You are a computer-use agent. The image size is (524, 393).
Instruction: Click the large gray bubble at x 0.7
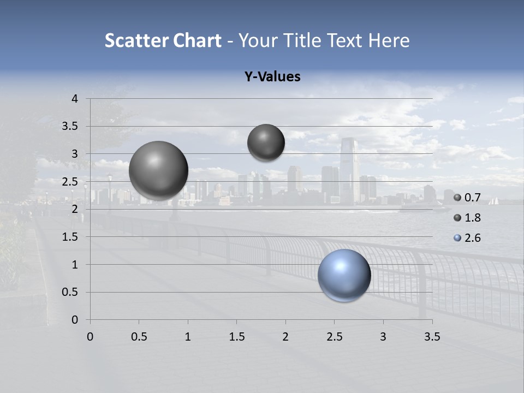pyautogui.click(x=159, y=170)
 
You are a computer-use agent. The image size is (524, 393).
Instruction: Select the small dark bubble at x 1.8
pyautogui.click(x=266, y=142)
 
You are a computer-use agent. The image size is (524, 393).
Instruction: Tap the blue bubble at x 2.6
pyautogui.click(x=344, y=276)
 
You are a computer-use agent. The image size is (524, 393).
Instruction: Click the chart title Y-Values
pyautogui.click(x=272, y=77)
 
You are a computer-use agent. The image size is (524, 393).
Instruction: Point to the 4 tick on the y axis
pyautogui.click(x=75, y=99)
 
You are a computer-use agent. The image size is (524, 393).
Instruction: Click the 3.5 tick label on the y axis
pyautogui.click(x=70, y=127)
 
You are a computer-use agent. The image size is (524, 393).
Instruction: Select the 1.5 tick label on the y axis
pyautogui.click(x=70, y=237)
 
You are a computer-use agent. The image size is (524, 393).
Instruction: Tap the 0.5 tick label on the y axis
pyautogui.click(x=70, y=292)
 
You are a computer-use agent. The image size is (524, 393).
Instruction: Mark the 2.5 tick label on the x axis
pyautogui.click(x=334, y=337)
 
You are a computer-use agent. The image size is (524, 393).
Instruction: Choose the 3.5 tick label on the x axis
pyautogui.click(x=432, y=337)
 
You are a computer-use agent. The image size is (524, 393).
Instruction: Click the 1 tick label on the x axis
pyautogui.click(x=188, y=337)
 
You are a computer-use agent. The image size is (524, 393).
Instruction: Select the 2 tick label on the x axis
pyautogui.click(x=285, y=337)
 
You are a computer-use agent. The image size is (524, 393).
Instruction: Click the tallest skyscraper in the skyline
pyautogui.click(x=348, y=164)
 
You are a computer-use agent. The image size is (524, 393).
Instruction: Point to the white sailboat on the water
pyautogui.click(x=493, y=201)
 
